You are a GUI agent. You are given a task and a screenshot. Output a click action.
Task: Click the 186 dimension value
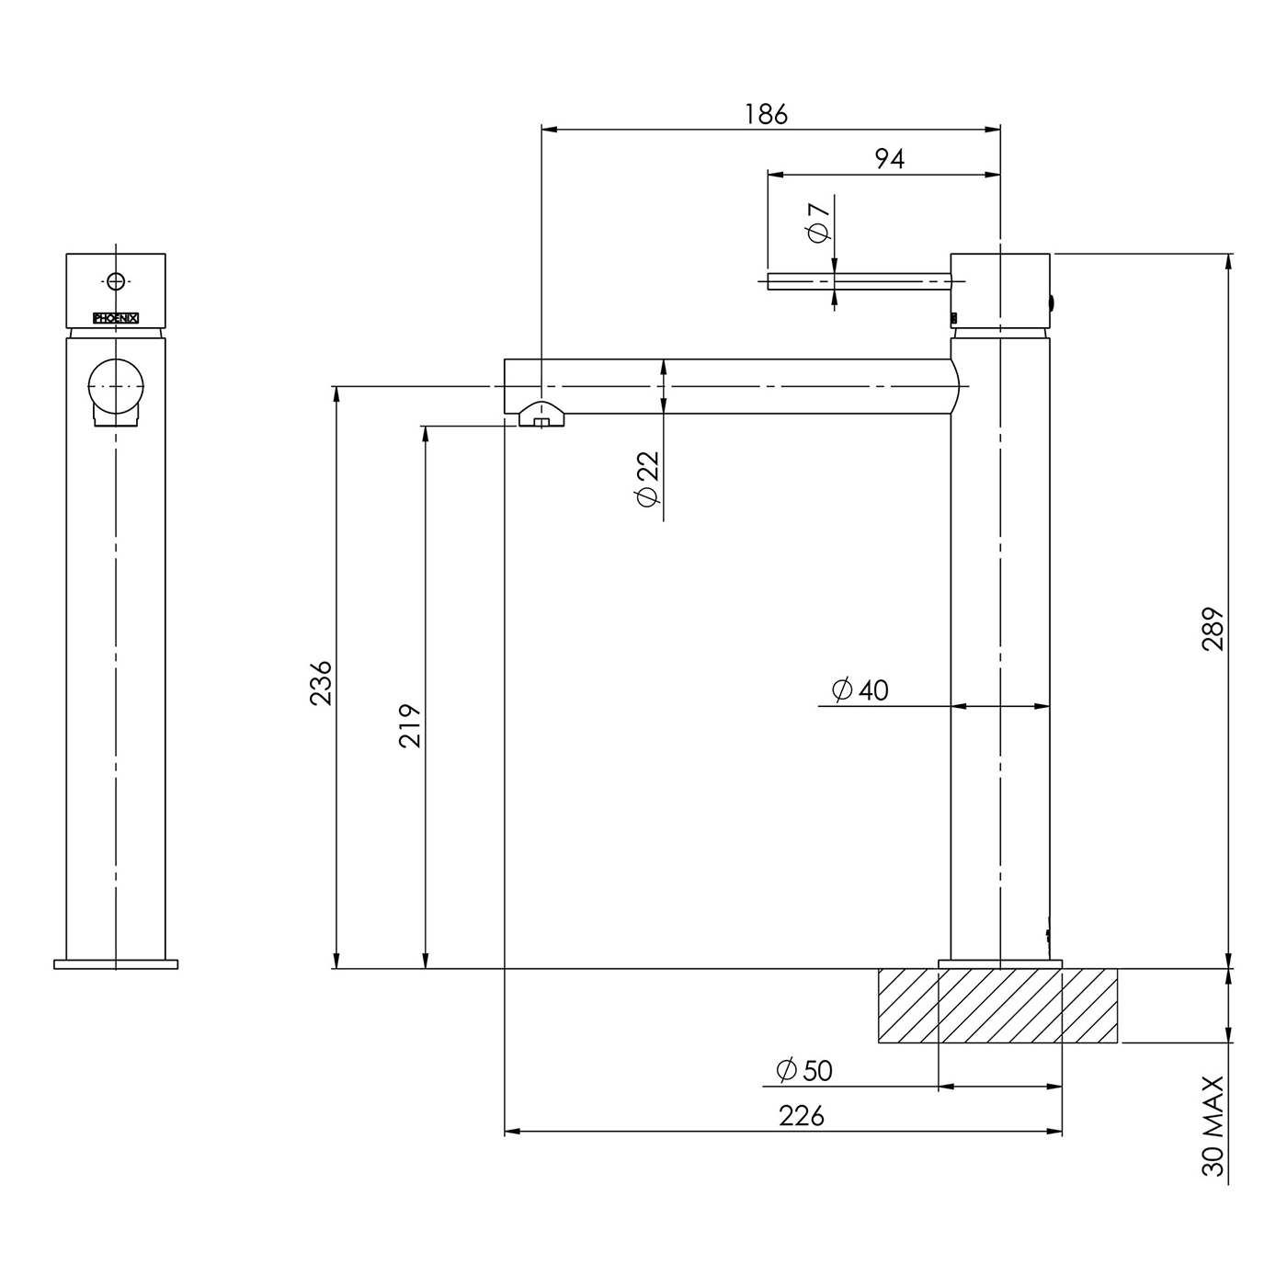click(766, 114)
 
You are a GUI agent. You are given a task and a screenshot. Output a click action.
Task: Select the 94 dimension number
click(890, 159)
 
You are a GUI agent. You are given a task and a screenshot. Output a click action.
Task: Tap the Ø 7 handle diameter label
click(818, 222)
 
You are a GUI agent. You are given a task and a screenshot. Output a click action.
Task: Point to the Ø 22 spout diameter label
click(648, 479)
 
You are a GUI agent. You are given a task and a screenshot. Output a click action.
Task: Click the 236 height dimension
click(321, 683)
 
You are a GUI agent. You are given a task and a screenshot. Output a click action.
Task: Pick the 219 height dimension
click(409, 725)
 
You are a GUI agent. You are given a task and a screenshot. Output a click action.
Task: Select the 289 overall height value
click(1213, 629)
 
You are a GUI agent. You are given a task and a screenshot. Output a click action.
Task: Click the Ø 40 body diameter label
click(860, 689)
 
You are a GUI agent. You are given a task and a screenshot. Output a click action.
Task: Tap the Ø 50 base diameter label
click(804, 1071)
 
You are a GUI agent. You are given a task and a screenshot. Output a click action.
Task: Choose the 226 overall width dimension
click(802, 1116)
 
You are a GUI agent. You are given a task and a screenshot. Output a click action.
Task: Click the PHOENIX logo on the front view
click(116, 319)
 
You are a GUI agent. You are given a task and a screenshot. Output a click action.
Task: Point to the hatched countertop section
click(997, 1005)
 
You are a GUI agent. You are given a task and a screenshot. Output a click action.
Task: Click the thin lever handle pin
click(860, 281)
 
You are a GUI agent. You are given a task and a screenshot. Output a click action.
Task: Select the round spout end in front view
click(116, 386)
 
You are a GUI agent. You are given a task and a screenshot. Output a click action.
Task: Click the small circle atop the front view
click(116, 281)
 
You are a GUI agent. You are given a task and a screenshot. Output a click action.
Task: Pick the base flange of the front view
click(116, 963)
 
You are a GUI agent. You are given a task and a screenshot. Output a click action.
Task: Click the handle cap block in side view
click(1000, 290)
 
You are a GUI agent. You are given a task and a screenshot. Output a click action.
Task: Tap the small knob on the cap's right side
click(1053, 304)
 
